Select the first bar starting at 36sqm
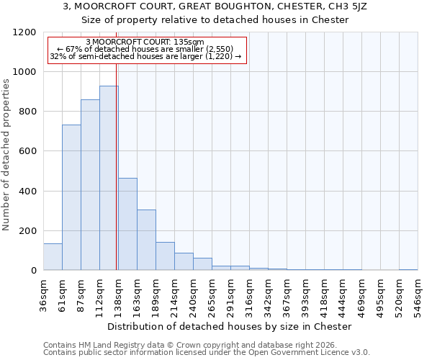click(x=53, y=256)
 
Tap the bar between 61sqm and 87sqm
click(x=71, y=197)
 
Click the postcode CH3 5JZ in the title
click(x=332, y=6)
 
